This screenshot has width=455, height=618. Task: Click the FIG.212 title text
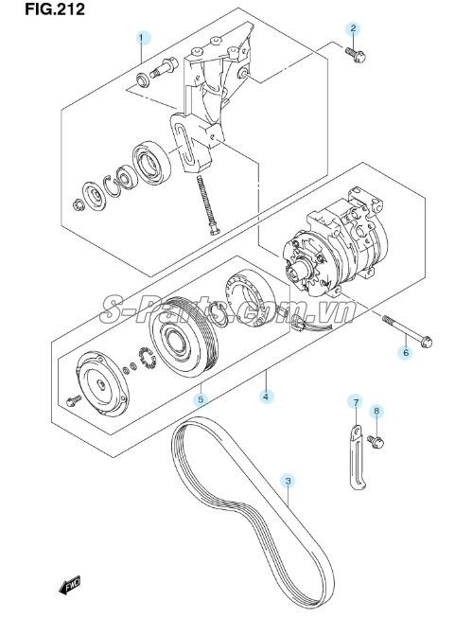click(x=55, y=9)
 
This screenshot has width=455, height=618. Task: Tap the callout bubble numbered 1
click(x=144, y=38)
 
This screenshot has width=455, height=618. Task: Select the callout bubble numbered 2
click(x=353, y=28)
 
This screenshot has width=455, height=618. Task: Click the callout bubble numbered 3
click(x=288, y=481)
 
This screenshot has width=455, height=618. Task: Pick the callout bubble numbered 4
click(x=267, y=397)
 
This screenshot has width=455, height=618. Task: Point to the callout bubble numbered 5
click(x=201, y=399)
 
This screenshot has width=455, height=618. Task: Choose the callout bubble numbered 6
click(x=406, y=352)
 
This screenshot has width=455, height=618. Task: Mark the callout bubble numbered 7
click(x=356, y=402)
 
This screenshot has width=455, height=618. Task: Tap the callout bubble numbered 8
click(x=376, y=412)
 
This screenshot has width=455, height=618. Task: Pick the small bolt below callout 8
click(x=376, y=442)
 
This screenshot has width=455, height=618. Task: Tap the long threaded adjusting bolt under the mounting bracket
click(x=207, y=205)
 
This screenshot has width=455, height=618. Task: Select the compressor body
click(x=333, y=245)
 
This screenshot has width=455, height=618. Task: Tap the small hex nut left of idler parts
click(x=77, y=204)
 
